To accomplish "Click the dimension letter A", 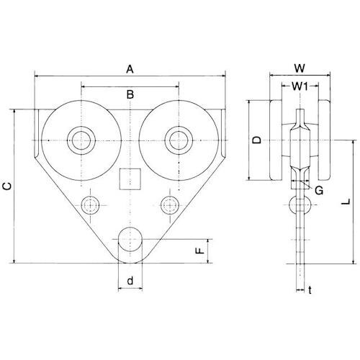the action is [x=130, y=70].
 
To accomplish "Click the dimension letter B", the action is [x=130, y=95].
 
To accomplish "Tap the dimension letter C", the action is [x=7, y=186].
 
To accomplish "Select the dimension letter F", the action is [x=200, y=251].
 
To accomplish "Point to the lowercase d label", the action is [x=130, y=280].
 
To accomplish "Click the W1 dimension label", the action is [x=300, y=86].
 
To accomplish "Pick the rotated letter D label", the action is [x=257, y=140].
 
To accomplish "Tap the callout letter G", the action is [x=319, y=191].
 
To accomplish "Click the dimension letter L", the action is [x=346, y=202].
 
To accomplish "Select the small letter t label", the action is [x=310, y=290].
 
